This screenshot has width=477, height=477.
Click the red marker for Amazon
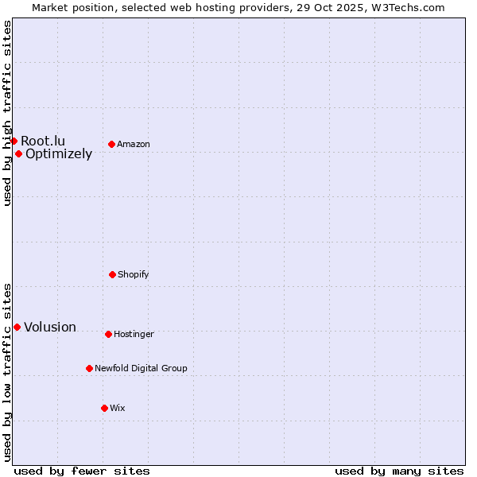pyautogui.click(x=112, y=144)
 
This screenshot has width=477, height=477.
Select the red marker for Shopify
pyautogui.click(x=112, y=274)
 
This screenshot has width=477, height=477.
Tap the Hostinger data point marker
pyautogui.click(x=108, y=334)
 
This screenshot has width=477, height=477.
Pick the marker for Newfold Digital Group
pyautogui.click(x=89, y=368)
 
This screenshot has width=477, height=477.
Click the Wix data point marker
pyautogui.click(x=104, y=408)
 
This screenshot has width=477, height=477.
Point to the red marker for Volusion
pyautogui.click(x=17, y=327)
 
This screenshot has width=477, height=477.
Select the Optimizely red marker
pyautogui.click(x=18, y=153)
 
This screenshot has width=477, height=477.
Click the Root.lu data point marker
pyautogui.click(x=14, y=141)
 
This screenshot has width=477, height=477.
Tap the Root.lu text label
pyautogui.click(x=43, y=141)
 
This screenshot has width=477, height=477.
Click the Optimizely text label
pyautogui.click(x=59, y=154)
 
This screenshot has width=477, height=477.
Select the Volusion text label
pyautogui.click(x=50, y=327)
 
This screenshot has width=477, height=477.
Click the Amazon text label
pyautogui.click(x=134, y=144)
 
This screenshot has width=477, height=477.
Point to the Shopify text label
pyautogui.click(x=134, y=274)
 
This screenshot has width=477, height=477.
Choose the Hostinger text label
pyautogui.click(x=134, y=334)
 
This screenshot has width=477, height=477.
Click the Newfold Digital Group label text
pyautogui.click(x=141, y=368)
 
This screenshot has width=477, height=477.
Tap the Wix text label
pyautogui.click(x=118, y=408)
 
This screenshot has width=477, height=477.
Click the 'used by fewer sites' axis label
pyautogui.click(x=82, y=471)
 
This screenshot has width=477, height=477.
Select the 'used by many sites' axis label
pyautogui.click(x=399, y=471)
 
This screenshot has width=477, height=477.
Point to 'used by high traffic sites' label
pyautogui.click(x=7, y=113)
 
